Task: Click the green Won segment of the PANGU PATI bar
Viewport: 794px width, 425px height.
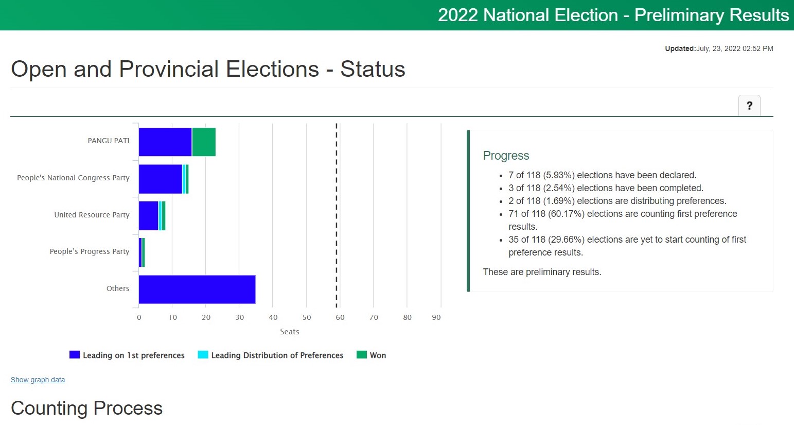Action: (204, 142)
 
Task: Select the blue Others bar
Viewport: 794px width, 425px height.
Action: (197, 290)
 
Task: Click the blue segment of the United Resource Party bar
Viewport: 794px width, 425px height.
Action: (149, 216)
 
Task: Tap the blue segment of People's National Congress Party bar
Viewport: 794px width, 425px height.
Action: (161, 179)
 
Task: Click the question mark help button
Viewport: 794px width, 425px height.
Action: (749, 106)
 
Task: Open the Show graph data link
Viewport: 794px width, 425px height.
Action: (38, 380)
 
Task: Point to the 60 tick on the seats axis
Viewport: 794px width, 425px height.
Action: (340, 317)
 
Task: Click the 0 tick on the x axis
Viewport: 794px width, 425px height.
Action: (139, 317)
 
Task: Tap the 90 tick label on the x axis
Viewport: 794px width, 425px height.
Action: (436, 317)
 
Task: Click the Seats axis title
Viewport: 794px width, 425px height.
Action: (290, 332)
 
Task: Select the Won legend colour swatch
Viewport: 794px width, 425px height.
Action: (362, 355)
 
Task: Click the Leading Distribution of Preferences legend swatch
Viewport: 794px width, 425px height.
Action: (203, 355)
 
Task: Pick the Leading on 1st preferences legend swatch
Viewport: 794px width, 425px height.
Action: (75, 355)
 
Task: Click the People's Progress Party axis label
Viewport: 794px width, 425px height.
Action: (90, 251)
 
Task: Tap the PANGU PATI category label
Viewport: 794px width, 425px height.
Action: (109, 141)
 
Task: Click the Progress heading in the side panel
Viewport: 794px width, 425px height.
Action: (506, 156)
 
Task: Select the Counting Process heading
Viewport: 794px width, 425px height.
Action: (87, 408)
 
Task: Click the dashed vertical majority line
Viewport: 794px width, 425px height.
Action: (337, 215)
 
